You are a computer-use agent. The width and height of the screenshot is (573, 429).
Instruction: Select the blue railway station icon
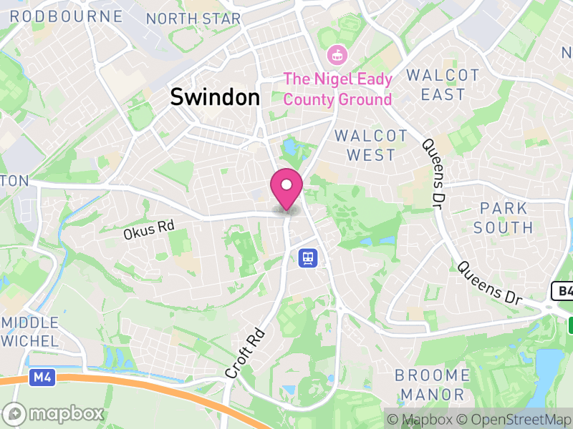coord(308,257)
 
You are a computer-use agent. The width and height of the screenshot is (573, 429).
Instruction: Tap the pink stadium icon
coord(336,54)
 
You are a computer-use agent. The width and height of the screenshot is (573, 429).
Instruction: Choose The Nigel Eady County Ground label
coord(338,89)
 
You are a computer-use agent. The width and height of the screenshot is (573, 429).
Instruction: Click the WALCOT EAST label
coord(443,84)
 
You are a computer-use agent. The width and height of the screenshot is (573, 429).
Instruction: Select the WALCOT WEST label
coord(371,145)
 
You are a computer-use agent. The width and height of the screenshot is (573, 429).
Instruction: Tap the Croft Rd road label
coord(245,353)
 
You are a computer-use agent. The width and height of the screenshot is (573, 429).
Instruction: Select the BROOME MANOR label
coord(432,385)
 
